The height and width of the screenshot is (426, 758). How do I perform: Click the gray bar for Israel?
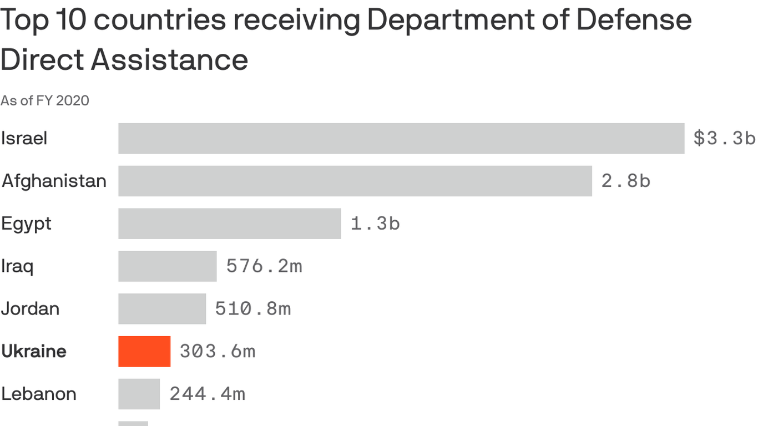click(401, 138)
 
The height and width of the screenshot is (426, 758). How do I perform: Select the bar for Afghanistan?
click(355, 181)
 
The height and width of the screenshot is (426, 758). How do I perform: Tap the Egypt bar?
click(230, 224)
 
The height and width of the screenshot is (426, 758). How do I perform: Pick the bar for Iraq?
click(168, 266)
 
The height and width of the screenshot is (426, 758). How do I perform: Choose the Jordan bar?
click(162, 309)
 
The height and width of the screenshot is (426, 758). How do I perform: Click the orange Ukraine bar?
click(144, 351)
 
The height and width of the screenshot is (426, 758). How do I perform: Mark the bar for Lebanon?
click(139, 394)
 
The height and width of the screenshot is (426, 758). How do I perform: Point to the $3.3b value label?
click(724, 138)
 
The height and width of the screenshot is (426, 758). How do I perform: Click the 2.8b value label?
click(626, 181)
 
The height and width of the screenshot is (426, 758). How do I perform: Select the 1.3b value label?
click(375, 224)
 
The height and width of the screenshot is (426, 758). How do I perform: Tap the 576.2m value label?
click(264, 266)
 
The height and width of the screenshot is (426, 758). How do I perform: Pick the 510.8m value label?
click(253, 309)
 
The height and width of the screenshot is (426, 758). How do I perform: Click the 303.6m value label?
click(218, 351)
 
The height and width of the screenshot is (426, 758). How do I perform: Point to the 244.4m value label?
click(207, 394)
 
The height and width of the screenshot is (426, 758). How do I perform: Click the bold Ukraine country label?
click(34, 351)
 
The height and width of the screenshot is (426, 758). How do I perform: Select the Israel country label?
click(24, 138)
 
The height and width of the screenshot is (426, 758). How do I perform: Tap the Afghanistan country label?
click(54, 181)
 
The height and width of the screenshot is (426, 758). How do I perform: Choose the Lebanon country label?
click(39, 394)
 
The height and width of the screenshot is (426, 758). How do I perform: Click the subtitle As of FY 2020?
click(45, 100)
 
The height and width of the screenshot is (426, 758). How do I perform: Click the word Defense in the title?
click(634, 20)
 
